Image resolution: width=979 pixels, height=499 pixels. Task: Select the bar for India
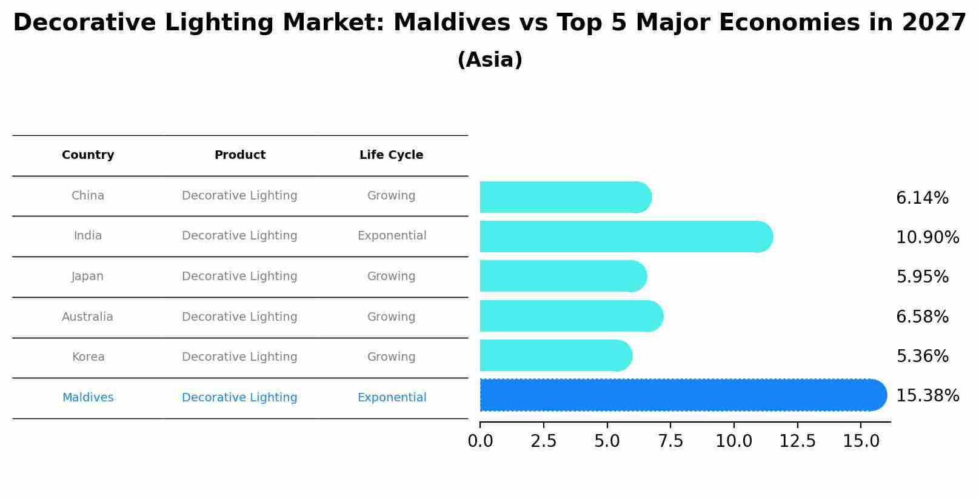tap(624, 236)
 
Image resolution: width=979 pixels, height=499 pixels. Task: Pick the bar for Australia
tap(570, 316)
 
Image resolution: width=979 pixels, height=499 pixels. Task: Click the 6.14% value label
tap(922, 198)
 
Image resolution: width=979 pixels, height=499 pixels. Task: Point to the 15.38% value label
tap(927, 396)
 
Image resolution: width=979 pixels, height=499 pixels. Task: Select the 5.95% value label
tap(922, 277)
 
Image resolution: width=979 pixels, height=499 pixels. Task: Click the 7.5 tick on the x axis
tap(670, 441)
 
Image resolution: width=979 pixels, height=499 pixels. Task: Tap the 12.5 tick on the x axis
tap(797, 441)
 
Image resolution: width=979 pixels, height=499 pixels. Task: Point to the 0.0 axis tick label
tap(480, 441)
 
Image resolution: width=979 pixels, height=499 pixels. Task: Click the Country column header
tap(88, 155)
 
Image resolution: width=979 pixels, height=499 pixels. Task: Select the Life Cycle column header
tap(391, 155)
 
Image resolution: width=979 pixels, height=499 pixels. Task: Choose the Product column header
tap(239, 155)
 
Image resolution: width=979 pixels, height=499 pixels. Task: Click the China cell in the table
tap(88, 196)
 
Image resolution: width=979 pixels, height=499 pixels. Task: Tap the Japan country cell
tap(88, 276)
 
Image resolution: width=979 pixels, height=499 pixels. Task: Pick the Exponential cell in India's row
tap(392, 236)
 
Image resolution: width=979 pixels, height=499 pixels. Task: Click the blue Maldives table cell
tap(88, 398)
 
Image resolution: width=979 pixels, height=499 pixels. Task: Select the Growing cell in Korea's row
tap(391, 357)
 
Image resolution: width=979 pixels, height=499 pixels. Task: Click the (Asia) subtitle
tap(490, 60)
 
